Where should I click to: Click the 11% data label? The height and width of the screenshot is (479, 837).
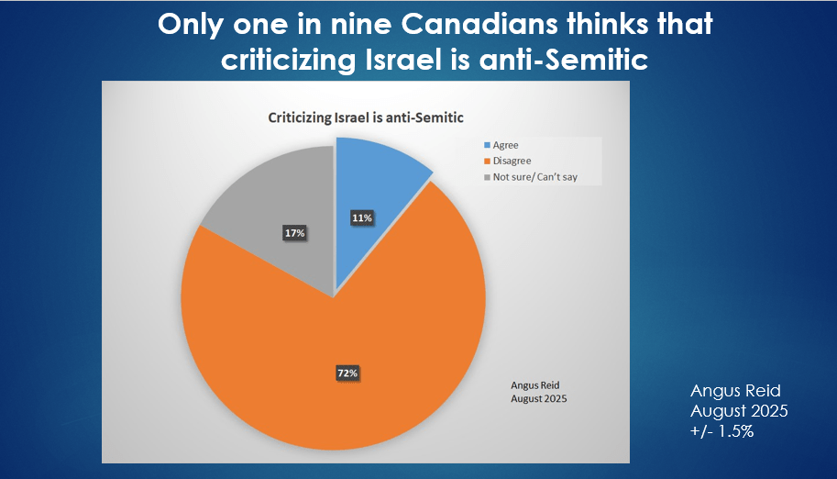pyautogui.click(x=361, y=218)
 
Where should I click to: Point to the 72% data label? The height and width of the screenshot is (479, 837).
pyautogui.click(x=347, y=373)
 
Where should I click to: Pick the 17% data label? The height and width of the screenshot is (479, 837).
pyautogui.click(x=293, y=234)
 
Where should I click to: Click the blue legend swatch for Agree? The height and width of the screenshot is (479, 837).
pyautogui.click(x=487, y=145)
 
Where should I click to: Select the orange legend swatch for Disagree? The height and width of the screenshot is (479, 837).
pyautogui.click(x=487, y=161)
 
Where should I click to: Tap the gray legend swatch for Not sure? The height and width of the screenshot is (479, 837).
pyautogui.click(x=487, y=176)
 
